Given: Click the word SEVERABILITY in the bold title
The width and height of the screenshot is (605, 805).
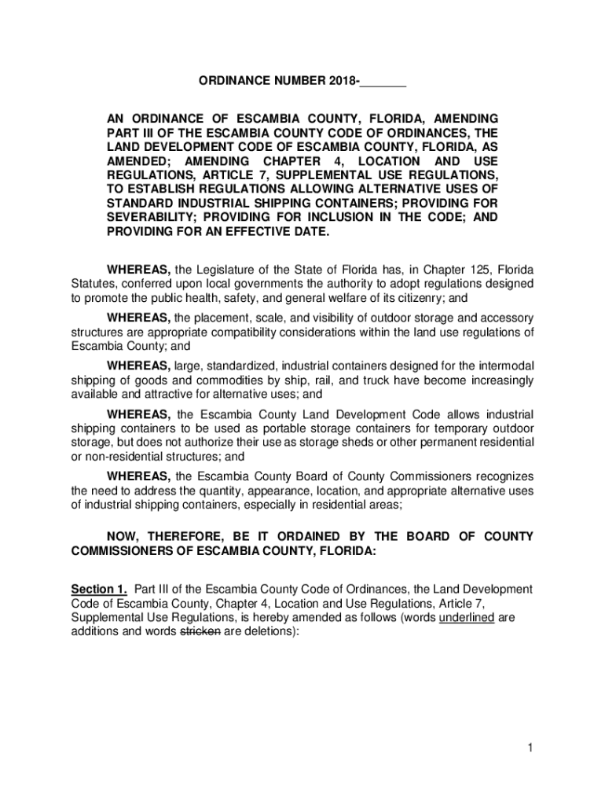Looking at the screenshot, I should [x=145, y=216].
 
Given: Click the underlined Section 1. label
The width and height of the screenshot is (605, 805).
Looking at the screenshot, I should [x=99, y=590].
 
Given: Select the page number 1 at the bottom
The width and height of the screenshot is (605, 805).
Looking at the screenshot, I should [x=530, y=748].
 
